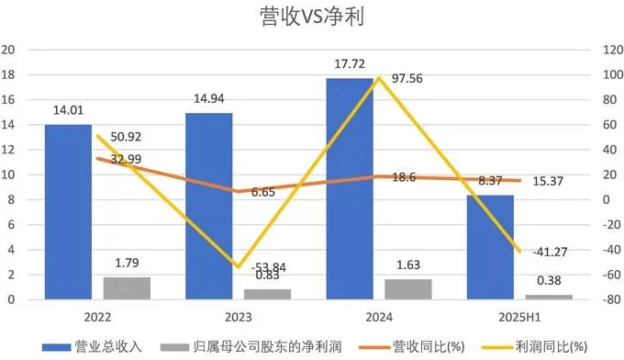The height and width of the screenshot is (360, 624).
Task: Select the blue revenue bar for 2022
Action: point(68,211)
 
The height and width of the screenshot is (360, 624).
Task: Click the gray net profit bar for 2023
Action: point(267,294)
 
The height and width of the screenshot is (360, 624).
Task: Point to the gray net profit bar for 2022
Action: point(127,287)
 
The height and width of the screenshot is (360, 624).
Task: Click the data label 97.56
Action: point(407,79)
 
